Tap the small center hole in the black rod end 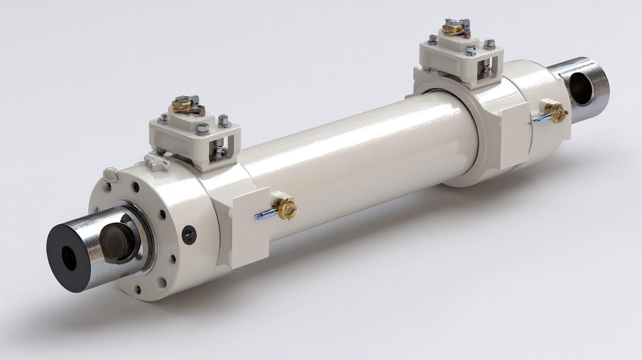point(69,259)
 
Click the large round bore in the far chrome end point(581,88)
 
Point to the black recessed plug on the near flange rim point(189,234)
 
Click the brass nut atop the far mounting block point(452,29)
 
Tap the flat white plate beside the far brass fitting point(515,135)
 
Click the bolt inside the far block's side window point(485,66)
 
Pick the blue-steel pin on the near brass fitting point(264,215)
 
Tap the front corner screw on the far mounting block point(470,50)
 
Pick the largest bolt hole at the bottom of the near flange point(162,281)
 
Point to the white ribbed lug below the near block point(157,161)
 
